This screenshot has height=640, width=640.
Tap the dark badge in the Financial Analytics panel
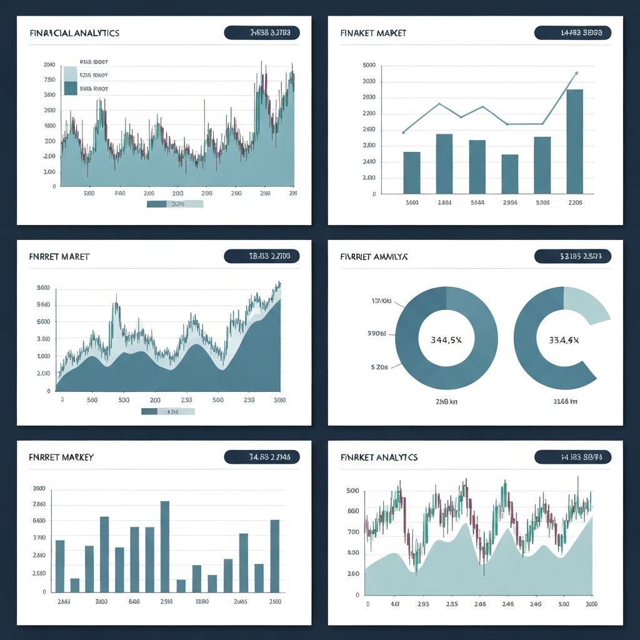point(261,32)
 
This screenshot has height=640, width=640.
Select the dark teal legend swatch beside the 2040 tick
point(70,88)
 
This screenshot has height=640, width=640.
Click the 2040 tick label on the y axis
point(49,65)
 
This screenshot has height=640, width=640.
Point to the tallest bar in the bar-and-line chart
point(574,141)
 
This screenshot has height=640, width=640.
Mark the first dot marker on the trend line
point(404,132)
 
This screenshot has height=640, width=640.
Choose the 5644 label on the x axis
point(477,202)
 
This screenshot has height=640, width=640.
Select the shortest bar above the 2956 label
point(509,174)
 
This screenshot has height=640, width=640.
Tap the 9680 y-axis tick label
point(44,305)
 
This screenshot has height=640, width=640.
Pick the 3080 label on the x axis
point(279,400)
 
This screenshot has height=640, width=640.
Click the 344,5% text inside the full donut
point(446,341)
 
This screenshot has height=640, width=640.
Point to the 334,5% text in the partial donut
point(564,341)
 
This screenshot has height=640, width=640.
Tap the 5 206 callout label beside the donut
point(379,367)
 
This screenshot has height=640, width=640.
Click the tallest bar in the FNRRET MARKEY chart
point(165,546)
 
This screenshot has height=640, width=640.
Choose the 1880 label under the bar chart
point(202,602)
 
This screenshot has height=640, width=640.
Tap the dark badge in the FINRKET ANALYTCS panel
point(572,457)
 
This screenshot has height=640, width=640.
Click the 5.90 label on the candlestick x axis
point(563,605)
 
